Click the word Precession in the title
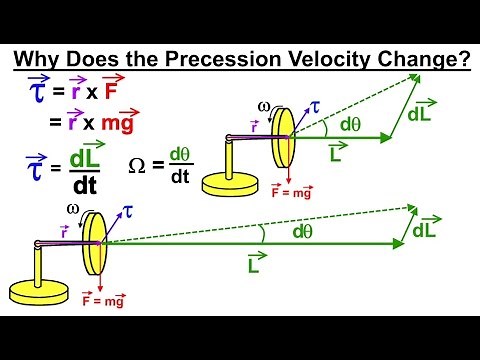[x=214, y=59]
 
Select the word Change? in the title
[x=420, y=59]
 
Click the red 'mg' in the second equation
[x=111, y=125]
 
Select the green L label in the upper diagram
[x=336, y=152]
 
